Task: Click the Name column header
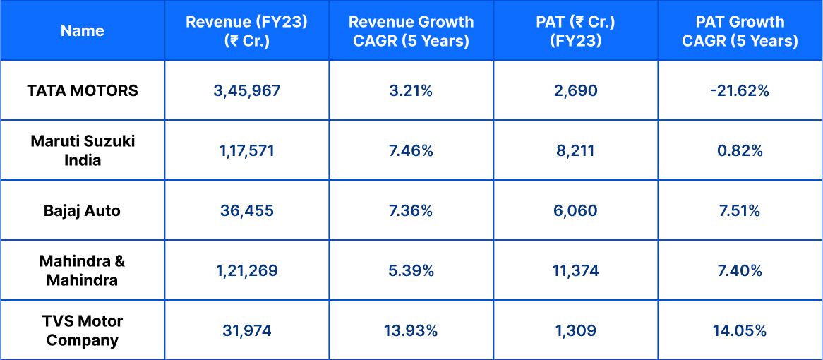[82, 31]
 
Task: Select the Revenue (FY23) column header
[246, 31]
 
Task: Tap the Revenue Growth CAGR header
[411, 31]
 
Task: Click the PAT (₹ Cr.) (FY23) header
[575, 31]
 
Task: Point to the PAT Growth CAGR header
[740, 31]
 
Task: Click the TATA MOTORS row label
[83, 91]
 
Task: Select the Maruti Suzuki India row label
[83, 150]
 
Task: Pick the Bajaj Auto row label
[83, 211]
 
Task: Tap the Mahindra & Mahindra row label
[83, 270]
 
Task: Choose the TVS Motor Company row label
[83, 330]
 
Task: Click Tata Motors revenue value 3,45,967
[246, 91]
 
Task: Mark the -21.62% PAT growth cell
[740, 91]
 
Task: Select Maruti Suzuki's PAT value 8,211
[575, 151]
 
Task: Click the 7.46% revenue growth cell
[411, 151]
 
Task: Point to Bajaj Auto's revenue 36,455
[246, 211]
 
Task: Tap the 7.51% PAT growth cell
[740, 211]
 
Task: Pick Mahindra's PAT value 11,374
[575, 271]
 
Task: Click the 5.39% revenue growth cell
[411, 271]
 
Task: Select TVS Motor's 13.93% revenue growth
[411, 331]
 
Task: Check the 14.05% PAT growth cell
[740, 331]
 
